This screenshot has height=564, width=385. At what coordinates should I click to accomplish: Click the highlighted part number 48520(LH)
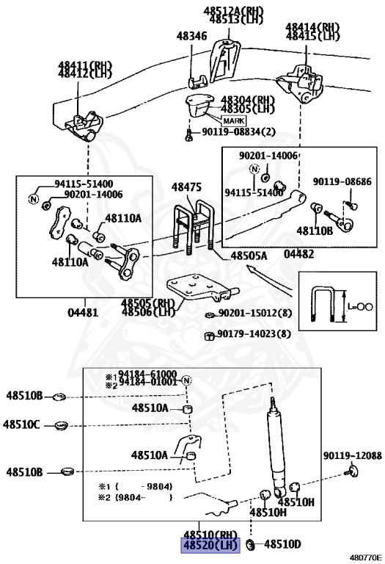coord(210,545)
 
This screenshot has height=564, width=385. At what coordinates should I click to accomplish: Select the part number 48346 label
coord(191,35)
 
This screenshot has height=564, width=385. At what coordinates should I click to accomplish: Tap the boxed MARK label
coord(232,120)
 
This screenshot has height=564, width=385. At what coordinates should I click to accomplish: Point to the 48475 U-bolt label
coord(186,188)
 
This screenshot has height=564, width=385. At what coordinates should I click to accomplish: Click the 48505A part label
coord(249,256)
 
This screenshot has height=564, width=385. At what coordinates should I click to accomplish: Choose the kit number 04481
coord(82,311)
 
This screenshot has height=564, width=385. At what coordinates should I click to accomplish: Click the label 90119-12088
coord(352,455)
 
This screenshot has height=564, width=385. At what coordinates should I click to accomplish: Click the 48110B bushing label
coord(315,231)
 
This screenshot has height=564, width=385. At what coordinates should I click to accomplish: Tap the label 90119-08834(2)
coord(231,132)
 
